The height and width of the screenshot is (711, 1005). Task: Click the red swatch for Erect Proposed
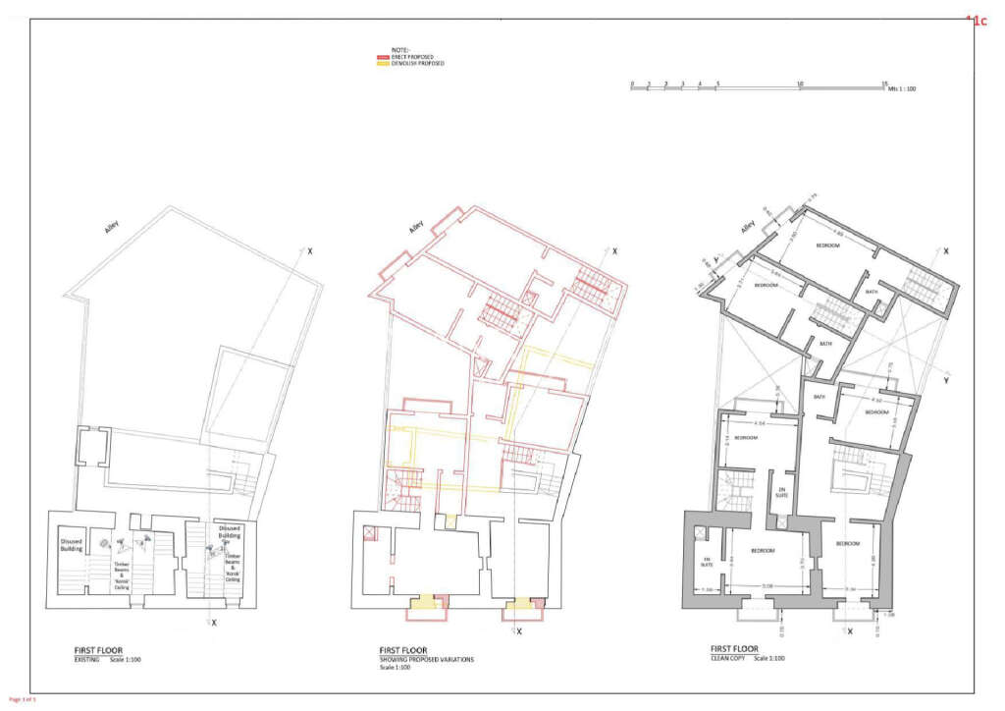(x=384, y=58)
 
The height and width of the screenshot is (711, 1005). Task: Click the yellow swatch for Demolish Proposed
(x=384, y=64)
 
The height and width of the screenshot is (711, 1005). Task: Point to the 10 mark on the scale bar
(x=801, y=83)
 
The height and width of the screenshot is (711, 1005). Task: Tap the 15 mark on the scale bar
(x=884, y=83)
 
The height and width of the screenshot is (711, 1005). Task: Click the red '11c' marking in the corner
(x=977, y=20)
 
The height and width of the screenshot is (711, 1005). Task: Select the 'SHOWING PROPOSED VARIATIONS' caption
(x=426, y=660)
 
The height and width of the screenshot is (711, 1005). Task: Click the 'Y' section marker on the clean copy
(x=944, y=379)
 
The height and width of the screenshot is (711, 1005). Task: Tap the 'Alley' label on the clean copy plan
(x=749, y=227)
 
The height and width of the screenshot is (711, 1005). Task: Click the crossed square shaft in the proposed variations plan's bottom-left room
(x=369, y=533)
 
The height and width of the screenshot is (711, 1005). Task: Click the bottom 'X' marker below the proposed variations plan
(x=519, y=631)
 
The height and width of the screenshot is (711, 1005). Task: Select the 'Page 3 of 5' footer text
(x=23, y=699)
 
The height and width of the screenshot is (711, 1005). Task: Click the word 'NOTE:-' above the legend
(x=400, y=50)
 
